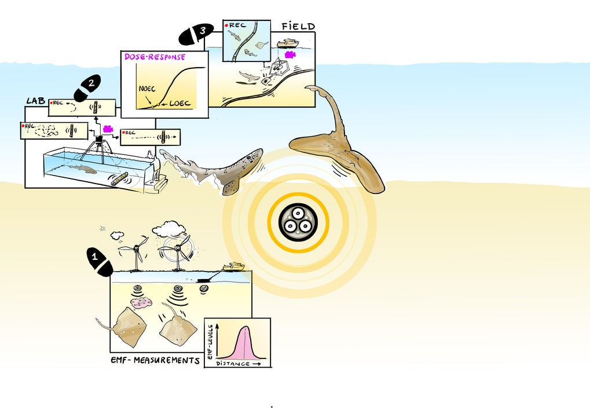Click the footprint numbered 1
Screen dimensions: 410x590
pyautogui.click(x=100, y=261)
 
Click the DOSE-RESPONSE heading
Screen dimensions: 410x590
pyautogui.click(x=155, y=57)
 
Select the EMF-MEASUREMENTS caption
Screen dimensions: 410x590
pyautogui.click(x=155, y=360)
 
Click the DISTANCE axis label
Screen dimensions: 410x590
pyautogui.click(x=233, y=364)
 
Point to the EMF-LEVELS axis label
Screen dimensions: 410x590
pyautogui.click(x=211, y=342)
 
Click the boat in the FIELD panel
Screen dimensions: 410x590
pyautogui.click(x=287, y=43)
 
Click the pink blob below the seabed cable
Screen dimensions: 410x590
pyautogui.click(x=141, y=302)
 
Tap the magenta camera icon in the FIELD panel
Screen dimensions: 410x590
pyautogui.click(x=290, y=54)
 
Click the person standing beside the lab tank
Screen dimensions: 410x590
pyautogui.click(x=152, y=167)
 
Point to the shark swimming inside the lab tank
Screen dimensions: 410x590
pyautogui.click(x=81, y=169)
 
